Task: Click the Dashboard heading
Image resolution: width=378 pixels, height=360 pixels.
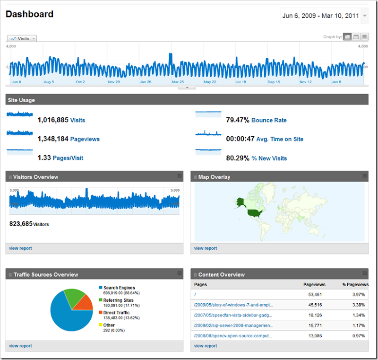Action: tap(29, 14)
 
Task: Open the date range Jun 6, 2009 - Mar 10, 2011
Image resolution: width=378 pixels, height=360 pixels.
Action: tap(320, 16)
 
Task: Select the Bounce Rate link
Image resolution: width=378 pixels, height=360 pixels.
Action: tap(269, 120)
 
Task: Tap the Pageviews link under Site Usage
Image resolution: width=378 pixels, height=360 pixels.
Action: tap(85, 139)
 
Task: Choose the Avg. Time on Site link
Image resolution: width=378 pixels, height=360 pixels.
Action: tap(280, 139)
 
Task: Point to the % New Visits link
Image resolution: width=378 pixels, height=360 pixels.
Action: tap(269, 158)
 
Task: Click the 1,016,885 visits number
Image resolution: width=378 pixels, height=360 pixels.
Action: tap(53, 120)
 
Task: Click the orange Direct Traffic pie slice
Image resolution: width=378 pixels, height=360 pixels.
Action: tap(85, 303)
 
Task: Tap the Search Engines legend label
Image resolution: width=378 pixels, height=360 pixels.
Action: tap(120, 288)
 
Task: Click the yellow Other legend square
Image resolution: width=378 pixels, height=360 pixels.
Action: tap(101, 325)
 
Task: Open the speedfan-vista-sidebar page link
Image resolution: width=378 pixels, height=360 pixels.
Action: tap(233, 315)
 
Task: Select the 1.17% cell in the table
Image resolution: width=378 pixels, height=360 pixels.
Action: tap(358, 325)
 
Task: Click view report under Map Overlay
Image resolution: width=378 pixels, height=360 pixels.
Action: tap(206, 248)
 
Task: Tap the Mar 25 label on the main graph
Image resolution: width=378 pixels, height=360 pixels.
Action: tap(178, 82)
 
